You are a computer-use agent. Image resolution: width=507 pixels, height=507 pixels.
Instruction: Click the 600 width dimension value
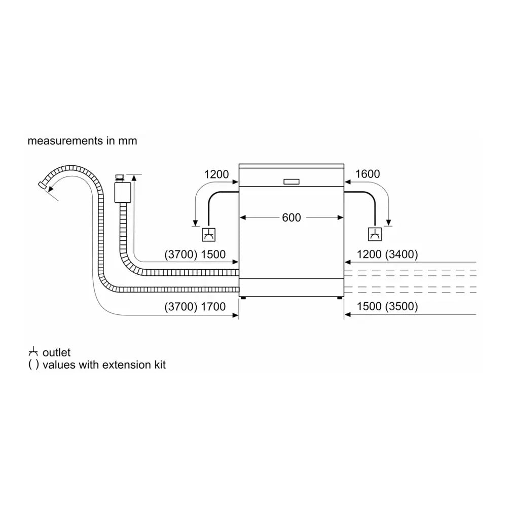[x=291, y=218]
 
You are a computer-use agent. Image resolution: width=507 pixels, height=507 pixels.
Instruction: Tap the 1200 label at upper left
[x=216, y=174]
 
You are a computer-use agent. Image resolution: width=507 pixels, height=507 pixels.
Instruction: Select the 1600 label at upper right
[x=368, y=174]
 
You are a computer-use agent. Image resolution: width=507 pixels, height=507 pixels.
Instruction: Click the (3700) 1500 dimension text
[x=195, y=255]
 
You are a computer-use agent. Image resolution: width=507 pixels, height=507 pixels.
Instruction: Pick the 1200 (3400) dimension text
[x=387, y=255]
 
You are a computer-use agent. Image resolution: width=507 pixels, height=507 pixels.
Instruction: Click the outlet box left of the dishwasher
[x=208, y=234]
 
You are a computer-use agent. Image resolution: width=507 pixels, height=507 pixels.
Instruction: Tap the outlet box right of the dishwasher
[x=375, y=234]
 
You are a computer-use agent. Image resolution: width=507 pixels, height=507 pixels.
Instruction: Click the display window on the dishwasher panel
[x=292, y=181]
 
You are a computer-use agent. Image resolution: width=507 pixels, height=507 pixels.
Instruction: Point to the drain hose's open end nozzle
[x=43, y=186]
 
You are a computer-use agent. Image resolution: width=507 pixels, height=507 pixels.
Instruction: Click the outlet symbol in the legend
[x=33, y=352]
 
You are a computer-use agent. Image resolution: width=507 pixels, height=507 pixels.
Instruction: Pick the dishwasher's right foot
[x=338, y=298]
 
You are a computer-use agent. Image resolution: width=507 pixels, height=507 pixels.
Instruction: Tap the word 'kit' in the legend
[x=159, y=364]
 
